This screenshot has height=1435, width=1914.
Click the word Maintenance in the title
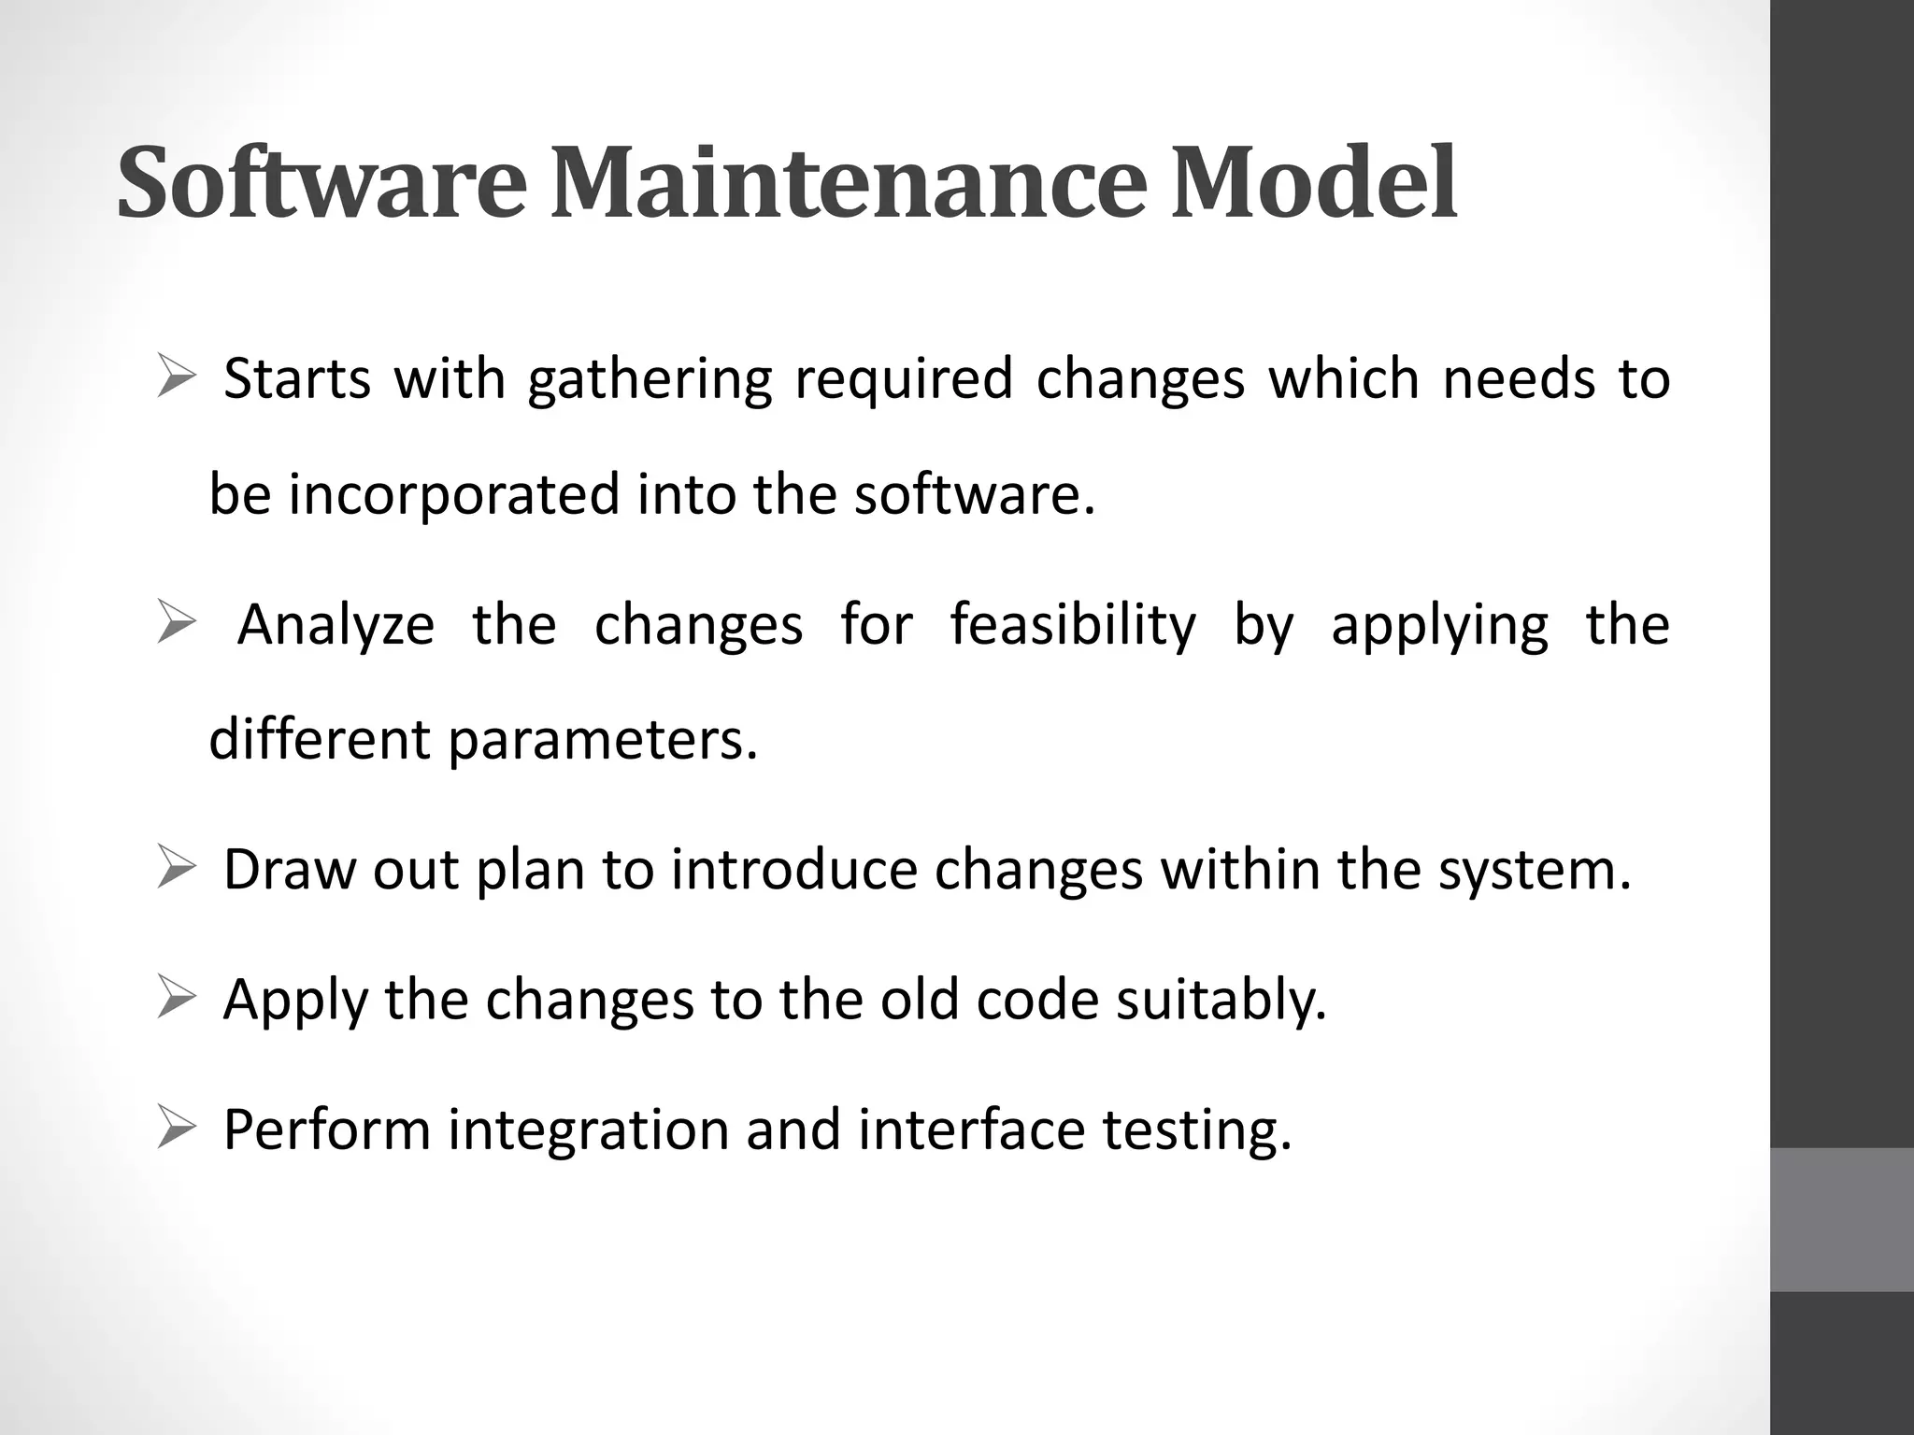pyautogui.click(x=847, y=183)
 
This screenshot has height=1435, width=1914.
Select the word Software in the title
pyautogui.click(x=321, y=183)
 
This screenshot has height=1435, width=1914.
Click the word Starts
pyautogui.click(x=297, y=380)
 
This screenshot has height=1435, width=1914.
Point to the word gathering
pyautogui.click(x=650, y=382)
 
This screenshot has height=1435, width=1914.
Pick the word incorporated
pyautogui.click(x=453, y=495)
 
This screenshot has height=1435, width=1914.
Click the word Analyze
pyautogui.click(x=336, y=626)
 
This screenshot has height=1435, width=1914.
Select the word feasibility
pyautogui.click(x=1073, y=626)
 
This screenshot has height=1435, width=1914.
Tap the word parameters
pyautogui.click(x=602, y=741)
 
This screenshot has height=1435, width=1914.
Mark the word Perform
pyautogui.click(x=325, y=1130)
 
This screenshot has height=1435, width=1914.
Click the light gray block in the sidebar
pyautogui.click(x=1841, y=1219)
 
